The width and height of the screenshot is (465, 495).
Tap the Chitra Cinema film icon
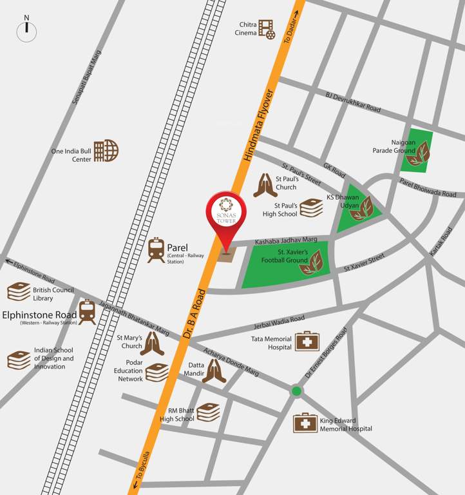(x=267, y=28)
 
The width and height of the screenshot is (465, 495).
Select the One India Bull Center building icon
(x=106, y=151)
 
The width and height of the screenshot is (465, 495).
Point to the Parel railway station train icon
(x=156, y=250)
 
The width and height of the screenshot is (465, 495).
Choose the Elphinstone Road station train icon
(x=88, y=312)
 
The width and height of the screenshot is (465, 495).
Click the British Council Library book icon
(x=19, y=292)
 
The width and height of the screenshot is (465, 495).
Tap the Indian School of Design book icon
(x=19, y=360)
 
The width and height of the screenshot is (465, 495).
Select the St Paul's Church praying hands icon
(x=265, y=185)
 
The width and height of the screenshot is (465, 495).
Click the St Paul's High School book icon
(x=311, y=208)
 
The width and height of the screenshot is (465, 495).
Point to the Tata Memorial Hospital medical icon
(x=307, y=342)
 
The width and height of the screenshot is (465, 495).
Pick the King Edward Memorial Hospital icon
(x=305, y=423)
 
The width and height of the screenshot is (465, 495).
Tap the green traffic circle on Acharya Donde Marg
(x=296, y=391)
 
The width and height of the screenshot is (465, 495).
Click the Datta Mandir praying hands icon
(x=214, y=371)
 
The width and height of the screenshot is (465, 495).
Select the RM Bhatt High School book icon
(x=208, y=412)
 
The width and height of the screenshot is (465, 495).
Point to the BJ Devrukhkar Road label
(x=353, y=102)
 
